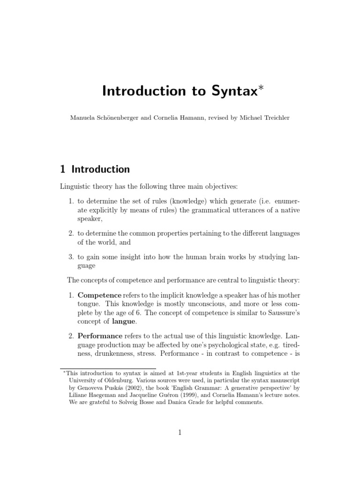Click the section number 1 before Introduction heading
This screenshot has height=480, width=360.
(x=63, y=169)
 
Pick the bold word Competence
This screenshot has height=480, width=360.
(x=99, y=295)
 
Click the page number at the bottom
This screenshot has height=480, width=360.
(x=180, y=433)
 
